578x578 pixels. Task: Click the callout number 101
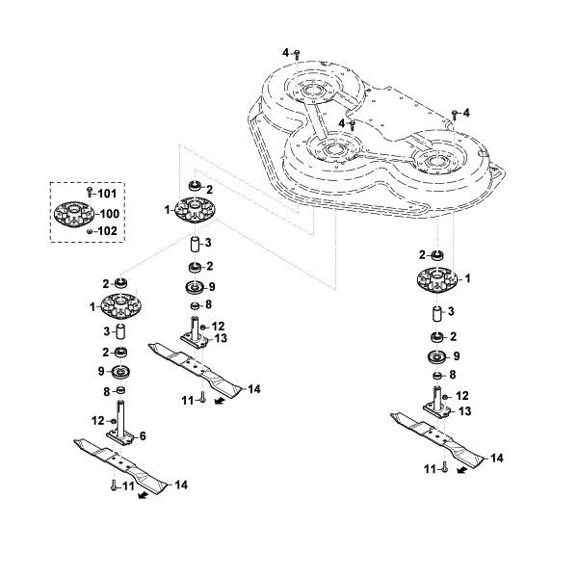click(107, 194)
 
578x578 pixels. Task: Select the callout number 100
click(110, 214)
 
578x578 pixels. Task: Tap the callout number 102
click(108, 231)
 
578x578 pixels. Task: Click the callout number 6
click(143, 436)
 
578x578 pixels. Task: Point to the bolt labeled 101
click(89, 192)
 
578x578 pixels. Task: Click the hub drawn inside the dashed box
click(74, 215)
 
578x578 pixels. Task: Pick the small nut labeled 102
click(89, 231)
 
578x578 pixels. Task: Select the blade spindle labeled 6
click(120, 424)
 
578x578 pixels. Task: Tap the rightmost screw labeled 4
click(455, 115)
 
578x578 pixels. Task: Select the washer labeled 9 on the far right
click(437, 357)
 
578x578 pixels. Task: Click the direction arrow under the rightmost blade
click(461, 470)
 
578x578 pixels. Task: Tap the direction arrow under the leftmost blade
click(144, 495)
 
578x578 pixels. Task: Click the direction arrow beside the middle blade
click(220, 401)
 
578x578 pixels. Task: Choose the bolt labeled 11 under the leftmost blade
click(114, 486)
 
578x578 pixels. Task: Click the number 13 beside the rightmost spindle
click(465, 411)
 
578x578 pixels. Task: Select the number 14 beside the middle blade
click(254, 389)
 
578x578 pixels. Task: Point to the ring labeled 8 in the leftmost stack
click(120, 390)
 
